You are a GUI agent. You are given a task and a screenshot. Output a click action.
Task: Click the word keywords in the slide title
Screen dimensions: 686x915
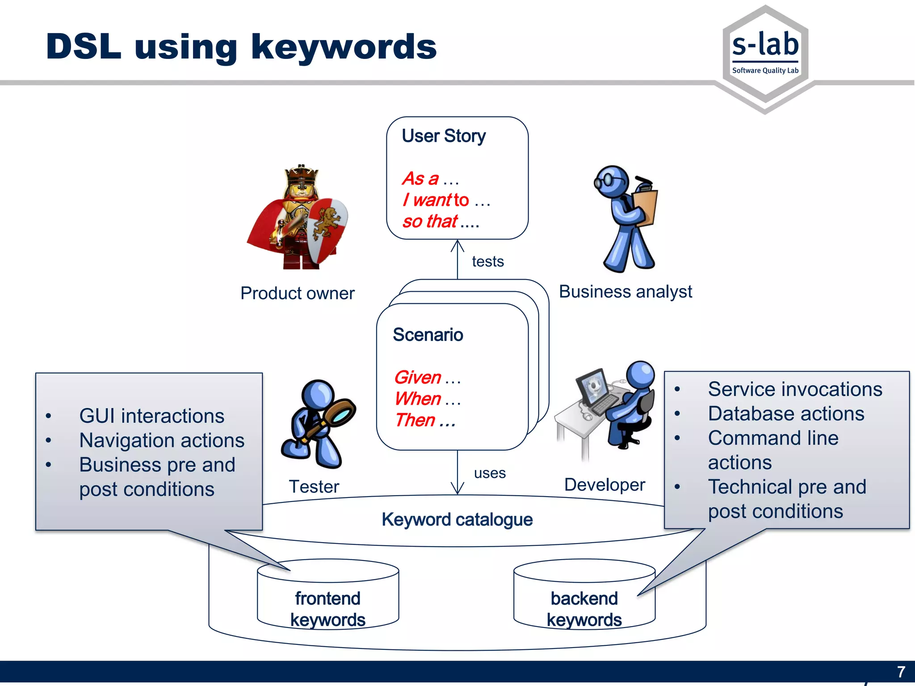pos(344,47)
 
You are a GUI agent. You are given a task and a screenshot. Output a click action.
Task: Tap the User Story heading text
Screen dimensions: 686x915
pos(444,136)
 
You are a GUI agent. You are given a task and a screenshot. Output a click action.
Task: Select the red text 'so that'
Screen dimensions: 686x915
pos(430,222)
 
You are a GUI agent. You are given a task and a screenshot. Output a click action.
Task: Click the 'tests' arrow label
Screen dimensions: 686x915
pos(487,261)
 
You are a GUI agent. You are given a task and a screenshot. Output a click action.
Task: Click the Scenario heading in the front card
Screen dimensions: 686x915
pos(428,335)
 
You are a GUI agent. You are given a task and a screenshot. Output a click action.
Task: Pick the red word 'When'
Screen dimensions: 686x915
pos(418,398)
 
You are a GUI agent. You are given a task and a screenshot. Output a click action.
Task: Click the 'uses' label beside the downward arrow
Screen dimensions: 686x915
pos(490,473)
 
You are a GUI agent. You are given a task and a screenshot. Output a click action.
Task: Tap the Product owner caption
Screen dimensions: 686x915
pos(297,293)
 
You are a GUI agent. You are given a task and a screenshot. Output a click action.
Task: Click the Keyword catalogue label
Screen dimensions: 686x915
pos(457,520)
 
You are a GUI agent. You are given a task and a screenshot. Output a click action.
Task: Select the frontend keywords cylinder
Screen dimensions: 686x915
pos(327,598)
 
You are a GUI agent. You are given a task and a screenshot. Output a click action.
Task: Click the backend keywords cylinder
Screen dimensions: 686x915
pos(584,598)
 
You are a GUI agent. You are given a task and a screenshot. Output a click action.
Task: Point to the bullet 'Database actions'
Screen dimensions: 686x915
pos(786,414)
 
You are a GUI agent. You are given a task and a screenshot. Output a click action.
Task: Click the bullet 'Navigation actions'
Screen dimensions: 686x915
pos(162,440)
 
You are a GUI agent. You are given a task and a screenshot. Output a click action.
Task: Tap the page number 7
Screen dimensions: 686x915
pos(901,672)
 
